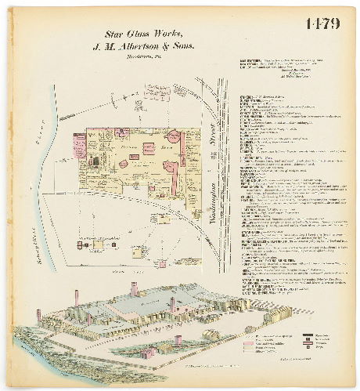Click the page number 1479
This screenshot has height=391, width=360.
(x=322, y=24)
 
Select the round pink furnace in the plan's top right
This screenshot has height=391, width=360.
(x=174, y=138)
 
